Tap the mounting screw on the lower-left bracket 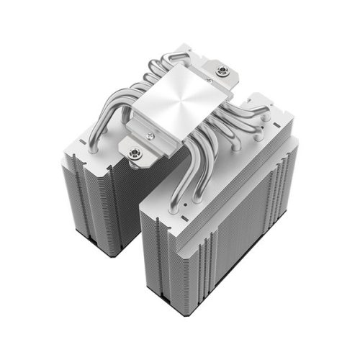[134, 152]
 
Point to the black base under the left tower [108, 250]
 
